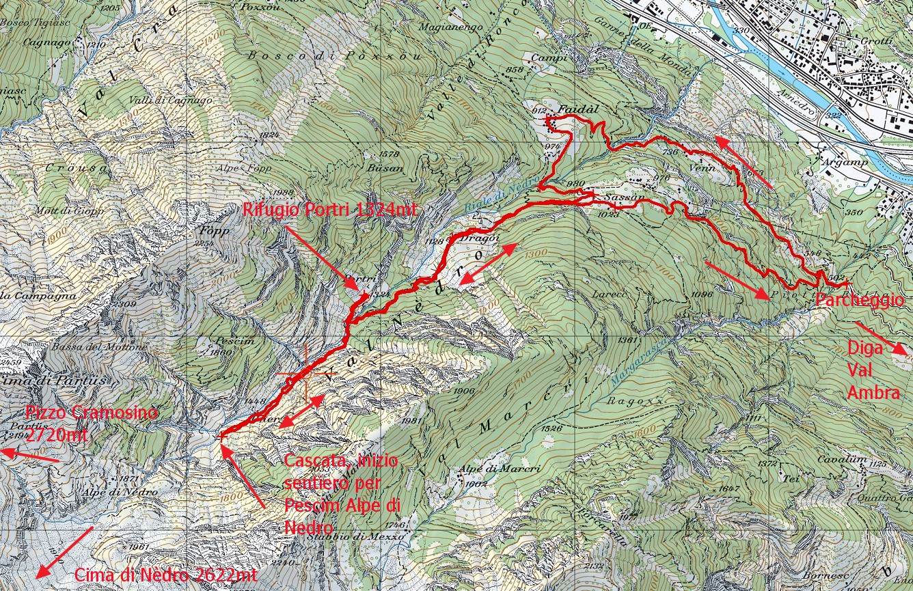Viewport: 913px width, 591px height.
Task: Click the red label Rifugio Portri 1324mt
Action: tap(329, 210)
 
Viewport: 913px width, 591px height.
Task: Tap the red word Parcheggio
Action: tap(859, 300)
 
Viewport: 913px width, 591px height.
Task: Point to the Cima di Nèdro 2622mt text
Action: tap(165, 575)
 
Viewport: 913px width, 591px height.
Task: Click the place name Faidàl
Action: tap(573, 109)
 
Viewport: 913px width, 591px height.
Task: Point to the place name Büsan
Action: tap(383, 166)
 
